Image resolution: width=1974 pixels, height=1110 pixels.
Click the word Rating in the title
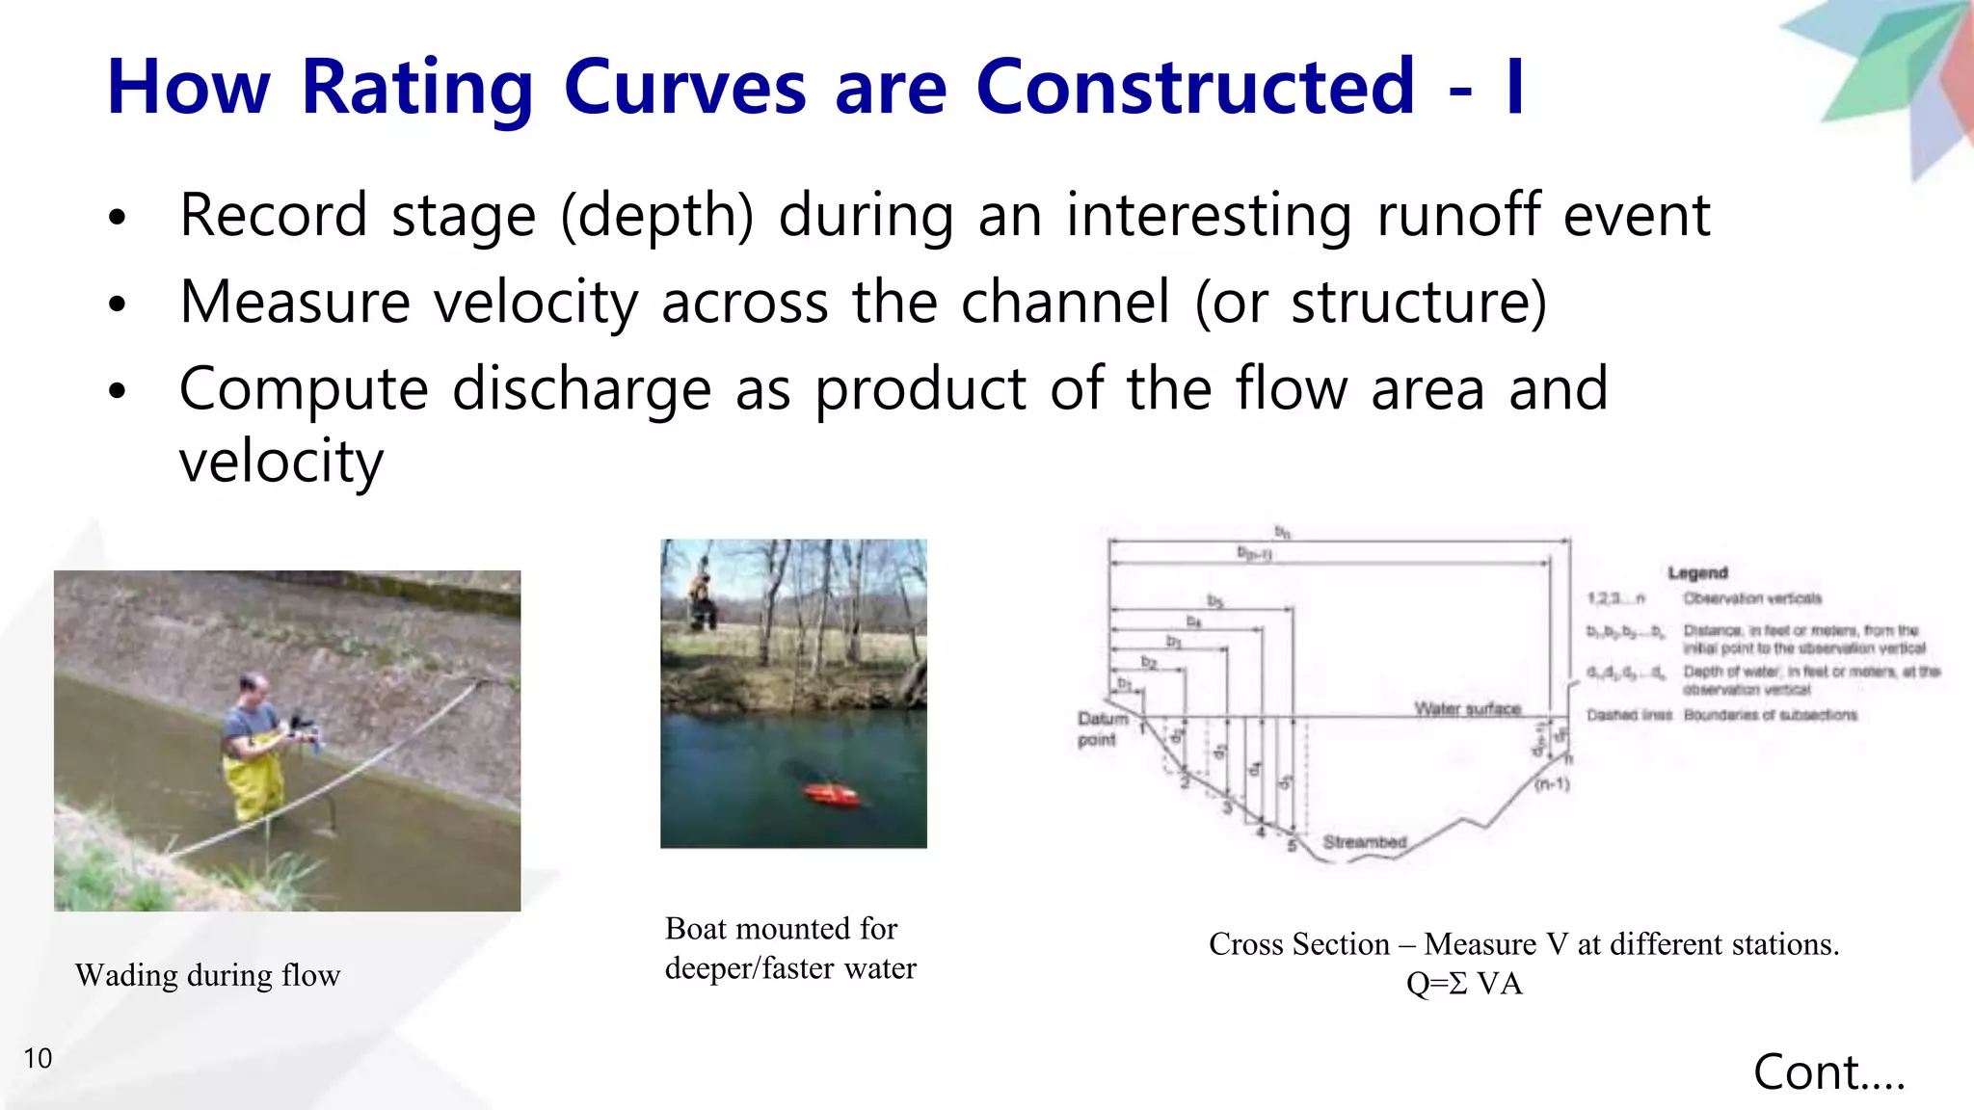(416, 89)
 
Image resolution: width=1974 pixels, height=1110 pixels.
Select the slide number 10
(38, 1059)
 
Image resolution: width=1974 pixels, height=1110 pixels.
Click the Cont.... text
(1828, 1072)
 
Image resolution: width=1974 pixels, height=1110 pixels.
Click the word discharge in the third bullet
(581, 389)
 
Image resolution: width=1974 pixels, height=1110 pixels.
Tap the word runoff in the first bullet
(1457, 215)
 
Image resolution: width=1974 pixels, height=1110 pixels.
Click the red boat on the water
(831, 794)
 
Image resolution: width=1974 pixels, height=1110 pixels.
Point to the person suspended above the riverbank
(701, 597)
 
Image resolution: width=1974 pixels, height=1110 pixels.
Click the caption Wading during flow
(207, 975)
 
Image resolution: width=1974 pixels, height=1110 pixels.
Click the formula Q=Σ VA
(1463, 984)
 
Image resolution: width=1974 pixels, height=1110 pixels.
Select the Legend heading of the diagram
(1697, 572)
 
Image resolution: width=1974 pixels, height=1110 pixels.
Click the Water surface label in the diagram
(1467, 708)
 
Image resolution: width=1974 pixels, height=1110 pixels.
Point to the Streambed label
(1364, 842)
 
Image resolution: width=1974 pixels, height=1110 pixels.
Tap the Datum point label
(1101, 728)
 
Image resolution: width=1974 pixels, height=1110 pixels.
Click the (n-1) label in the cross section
(1552, 784)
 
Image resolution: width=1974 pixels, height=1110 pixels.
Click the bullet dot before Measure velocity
(118, 304)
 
